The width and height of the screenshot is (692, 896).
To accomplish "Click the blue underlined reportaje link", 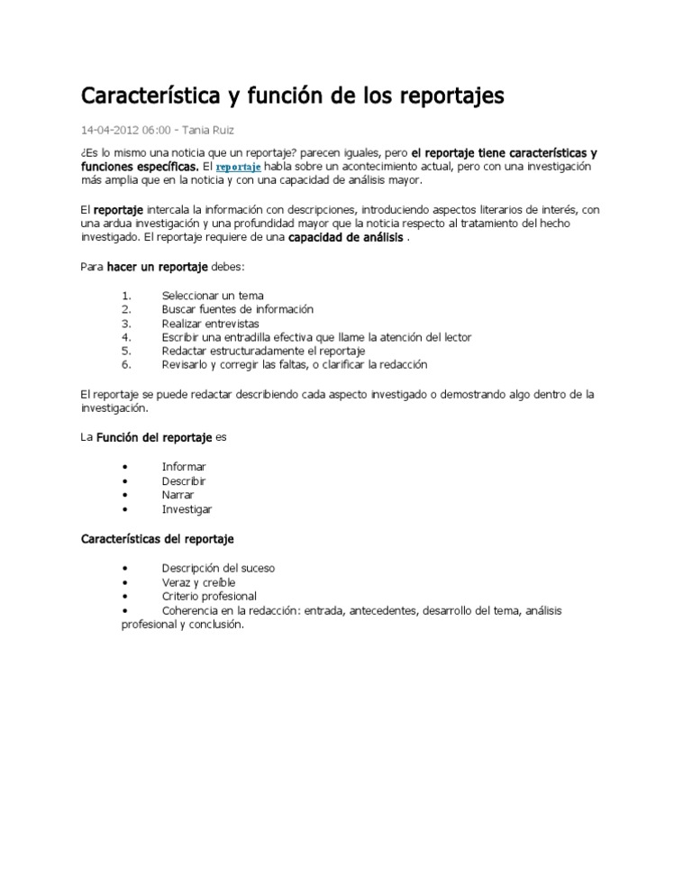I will [239, 169].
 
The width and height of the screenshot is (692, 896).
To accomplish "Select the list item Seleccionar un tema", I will [213, 295].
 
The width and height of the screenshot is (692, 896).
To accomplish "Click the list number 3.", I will [127, 323].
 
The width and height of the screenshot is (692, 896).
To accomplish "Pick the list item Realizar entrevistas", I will [210, 323].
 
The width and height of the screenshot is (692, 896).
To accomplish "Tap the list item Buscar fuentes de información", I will [237, 309].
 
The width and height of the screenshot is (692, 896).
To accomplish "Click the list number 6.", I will [127, 365].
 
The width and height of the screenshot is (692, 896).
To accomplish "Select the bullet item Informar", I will [184, 467].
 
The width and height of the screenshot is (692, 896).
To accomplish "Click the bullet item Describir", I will [184, 481].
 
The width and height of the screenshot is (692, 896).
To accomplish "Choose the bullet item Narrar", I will [178, 495].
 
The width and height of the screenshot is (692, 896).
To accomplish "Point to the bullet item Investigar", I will [187, 509].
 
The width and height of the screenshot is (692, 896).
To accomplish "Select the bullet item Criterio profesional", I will [209, 597].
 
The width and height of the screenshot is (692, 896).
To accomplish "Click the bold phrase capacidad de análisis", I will [345, 239].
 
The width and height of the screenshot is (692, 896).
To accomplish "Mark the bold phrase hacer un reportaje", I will [157, 268].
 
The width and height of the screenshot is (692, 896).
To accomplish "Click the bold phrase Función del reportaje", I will [153, 437].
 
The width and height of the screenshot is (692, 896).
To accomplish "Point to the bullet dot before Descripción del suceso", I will [123, 569].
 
